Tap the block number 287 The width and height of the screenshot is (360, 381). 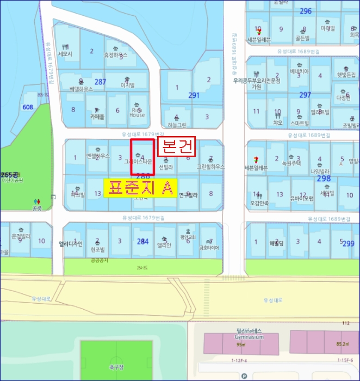pyautogui.click(x=101, y=82)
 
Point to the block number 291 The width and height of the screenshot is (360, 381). pyautogui.click(x=194, y=95)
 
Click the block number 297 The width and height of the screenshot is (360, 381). pyautogui.click(x=305, y=95)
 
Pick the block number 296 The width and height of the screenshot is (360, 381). pyautogui.click(x=306, y=11)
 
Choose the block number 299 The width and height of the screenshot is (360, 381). pyautogui.click(x=347, y=243)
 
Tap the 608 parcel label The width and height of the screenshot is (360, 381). pyautogui.click(x=27, y=107)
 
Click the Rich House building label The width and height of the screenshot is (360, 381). pyautogui.click(x=138, y=112)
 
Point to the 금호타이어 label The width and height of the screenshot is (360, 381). pyautogui.click(x=209, y=248)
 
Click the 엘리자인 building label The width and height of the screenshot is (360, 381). pyautogui.click(x=71, y=244)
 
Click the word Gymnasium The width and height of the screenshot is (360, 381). pyautogui.click(x=250, y=337)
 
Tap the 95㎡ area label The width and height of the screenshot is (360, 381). pyautogui.click(x=241, y=344)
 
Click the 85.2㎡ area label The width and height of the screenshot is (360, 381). pyautogui.click(x=343, y=343)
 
